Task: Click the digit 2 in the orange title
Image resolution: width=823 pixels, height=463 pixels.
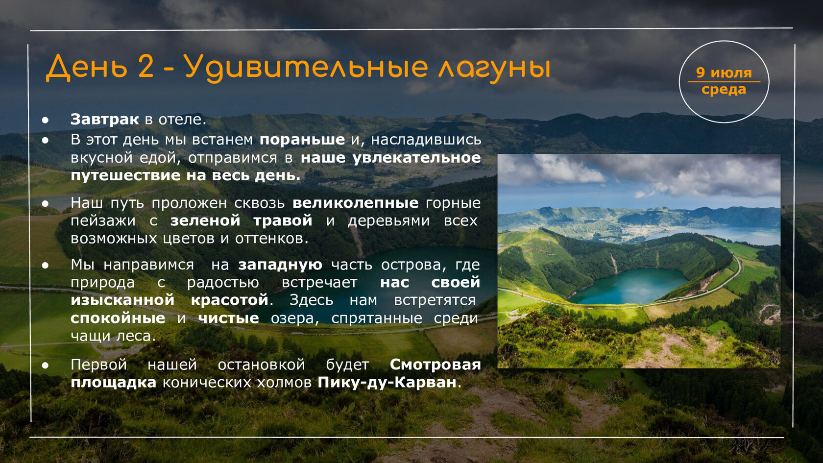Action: [146, 67]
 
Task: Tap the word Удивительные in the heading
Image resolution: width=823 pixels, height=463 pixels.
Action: [306, 69]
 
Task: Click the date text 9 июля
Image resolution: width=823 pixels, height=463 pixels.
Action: [724, 73]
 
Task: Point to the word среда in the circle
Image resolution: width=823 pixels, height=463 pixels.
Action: [724, 89]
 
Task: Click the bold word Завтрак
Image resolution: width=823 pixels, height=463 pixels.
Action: [105, 119]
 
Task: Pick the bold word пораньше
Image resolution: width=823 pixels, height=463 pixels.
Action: [302, 140]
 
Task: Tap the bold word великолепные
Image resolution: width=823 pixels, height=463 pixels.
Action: [356, 203]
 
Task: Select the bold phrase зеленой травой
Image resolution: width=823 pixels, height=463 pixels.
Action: [242, 220]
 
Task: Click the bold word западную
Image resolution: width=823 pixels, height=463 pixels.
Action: [280, 265]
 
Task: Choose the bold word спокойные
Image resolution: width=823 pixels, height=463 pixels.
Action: [118, 318]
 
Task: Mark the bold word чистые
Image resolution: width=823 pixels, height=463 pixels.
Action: [228, 318]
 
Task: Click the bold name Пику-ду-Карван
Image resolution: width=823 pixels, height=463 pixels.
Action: [387, 383]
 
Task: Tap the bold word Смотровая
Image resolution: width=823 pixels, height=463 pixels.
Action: [436, 365]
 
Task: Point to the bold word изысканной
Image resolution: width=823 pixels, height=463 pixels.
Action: [122, 300]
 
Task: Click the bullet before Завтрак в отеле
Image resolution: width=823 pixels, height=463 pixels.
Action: [45, 120]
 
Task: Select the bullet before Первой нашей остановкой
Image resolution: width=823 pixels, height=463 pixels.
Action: [45, 366]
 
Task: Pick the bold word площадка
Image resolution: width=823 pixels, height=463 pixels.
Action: [114, 383]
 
